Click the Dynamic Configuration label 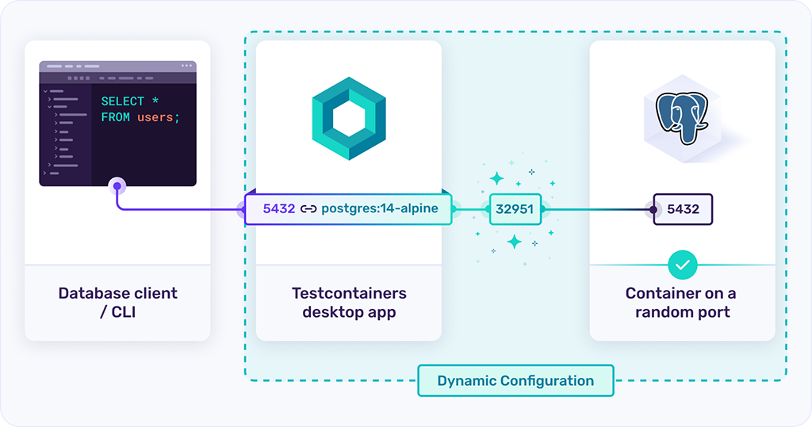[x=515, y=380]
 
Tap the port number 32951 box [x=515, y=210]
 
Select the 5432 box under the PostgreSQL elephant [x=683, y=210]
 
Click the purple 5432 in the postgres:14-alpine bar [x=278, y=209]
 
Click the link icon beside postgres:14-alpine [x=308, y=209]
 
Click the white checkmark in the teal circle [x=682, y=264]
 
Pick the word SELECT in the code [x=122, y=101]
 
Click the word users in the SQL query [x=155, y=117]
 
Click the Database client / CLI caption [x=117, y=302]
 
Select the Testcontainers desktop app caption [x=349, y=302]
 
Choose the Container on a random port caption [x=682, y=302]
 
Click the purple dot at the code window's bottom [x=117, y=186]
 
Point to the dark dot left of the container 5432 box [x=653, y=210]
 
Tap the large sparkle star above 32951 [x=497, y=178]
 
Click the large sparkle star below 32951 [x=515, y=242]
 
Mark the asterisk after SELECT [x=155, y=101]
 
